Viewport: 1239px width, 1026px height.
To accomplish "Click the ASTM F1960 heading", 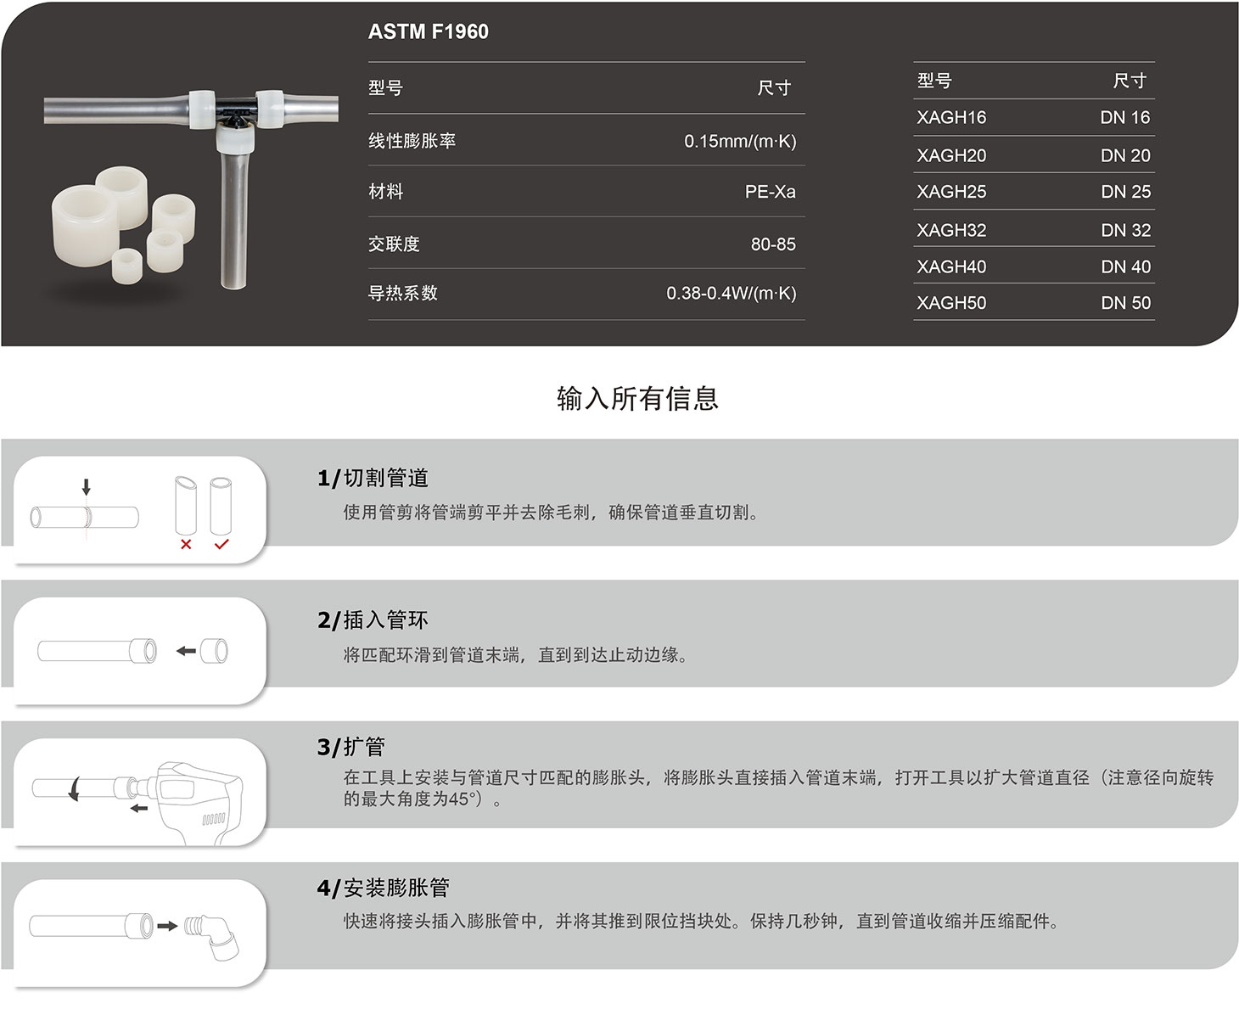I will tap(428, 31).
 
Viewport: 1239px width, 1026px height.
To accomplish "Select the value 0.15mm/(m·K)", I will tap(740, 141).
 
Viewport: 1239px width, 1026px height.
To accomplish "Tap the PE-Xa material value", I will tap(770, 192).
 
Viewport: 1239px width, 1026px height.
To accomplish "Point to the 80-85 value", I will tap(773, 244).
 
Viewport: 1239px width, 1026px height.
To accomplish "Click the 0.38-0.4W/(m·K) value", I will tap(731, 294).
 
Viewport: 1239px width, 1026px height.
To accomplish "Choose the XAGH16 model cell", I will tap(951, 118).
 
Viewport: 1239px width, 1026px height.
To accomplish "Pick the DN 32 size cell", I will tap(1125, 230).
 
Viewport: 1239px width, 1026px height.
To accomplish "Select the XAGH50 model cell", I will tap(951, 303).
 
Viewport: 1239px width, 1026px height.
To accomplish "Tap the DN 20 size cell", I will tap(1125, 155).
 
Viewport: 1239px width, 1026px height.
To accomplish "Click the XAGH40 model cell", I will tap(951, 266).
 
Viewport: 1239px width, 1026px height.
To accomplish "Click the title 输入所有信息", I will tap(637, 398).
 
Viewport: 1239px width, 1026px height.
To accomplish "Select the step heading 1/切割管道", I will tap(373, 479).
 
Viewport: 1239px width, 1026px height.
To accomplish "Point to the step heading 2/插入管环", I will tap(373, 620).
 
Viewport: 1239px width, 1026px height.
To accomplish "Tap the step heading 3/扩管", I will tap(351, 747).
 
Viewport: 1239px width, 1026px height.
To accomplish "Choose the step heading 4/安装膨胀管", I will tap(383, 888).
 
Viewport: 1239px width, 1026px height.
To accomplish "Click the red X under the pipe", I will tap(186, 544).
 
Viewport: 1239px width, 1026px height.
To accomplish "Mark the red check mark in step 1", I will tap(221, 544).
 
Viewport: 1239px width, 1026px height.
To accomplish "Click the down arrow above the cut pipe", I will tap(86, 487).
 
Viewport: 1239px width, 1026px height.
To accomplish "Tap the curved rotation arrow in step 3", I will tap(76, 789).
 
